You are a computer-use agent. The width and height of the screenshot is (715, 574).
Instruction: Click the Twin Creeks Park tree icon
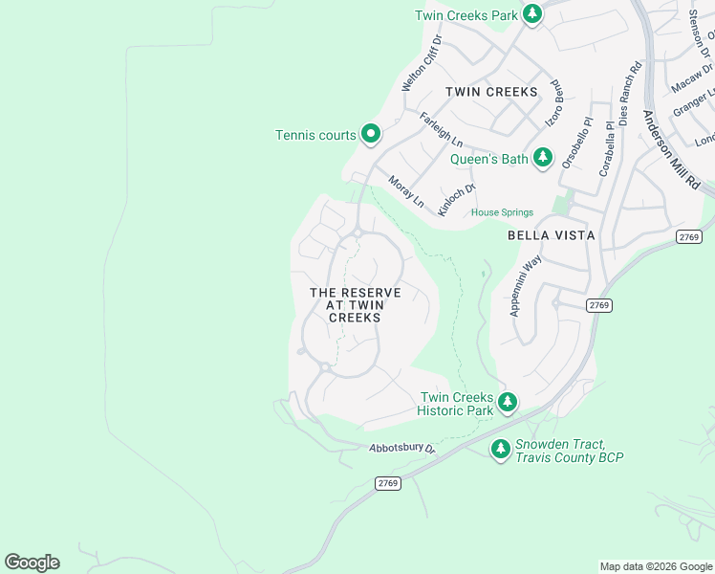pyautogui.click(x=532, y=14)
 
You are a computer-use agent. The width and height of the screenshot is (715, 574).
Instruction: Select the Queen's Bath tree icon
pyautogui.click(x=543, y=158)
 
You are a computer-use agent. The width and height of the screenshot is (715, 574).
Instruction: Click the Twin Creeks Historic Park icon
pyautogui.click(x=508, y=402)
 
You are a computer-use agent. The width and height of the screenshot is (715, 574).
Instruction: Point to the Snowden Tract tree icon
pyautogui.click(x=500, y=448)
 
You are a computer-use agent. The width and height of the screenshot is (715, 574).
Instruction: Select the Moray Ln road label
pyautogui.click(x=406, y=191)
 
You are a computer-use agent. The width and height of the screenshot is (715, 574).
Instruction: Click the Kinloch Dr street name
pyautogui.click(x=457, y=199)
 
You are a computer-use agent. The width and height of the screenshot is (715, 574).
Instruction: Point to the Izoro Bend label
pyautogui.click(x=554, y=107)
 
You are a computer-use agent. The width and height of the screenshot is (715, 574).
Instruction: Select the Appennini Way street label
pyautogui.click(x=526, y=285)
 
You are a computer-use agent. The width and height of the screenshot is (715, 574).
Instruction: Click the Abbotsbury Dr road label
pyautogui.click(x=402, y=448)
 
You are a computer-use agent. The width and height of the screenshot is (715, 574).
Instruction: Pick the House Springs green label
pyautogui.click(x=502, y=212)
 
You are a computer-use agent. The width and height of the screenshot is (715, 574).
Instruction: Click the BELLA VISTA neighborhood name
pyautogui.click(x=552, y=234)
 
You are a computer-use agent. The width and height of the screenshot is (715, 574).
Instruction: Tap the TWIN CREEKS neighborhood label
pyautogui.click(x=491, y=92)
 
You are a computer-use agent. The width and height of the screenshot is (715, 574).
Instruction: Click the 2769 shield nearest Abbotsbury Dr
pyautogui.click(x=387, y=483)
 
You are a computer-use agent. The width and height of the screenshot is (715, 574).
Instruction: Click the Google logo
pyautogui.click(x=32, y=563)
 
